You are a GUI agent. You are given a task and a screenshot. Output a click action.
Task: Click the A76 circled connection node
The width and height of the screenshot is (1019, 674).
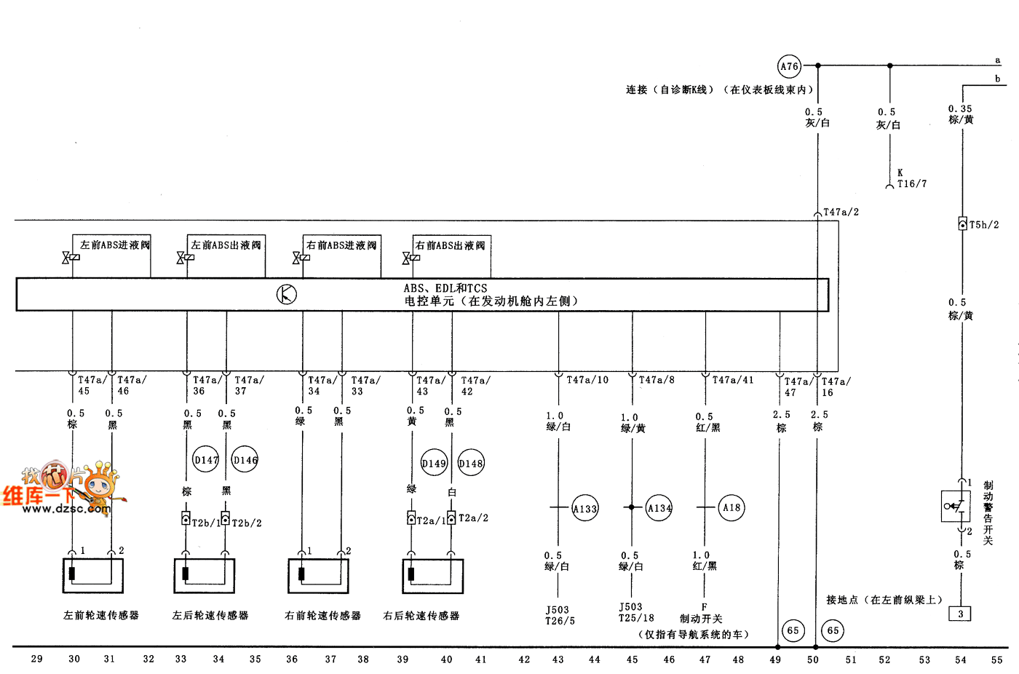(x=789, y=66)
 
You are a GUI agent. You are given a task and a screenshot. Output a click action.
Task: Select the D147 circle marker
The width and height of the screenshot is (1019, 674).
(x=206, y=459)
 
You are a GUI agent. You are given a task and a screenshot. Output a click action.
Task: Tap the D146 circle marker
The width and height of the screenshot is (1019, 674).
(x=245, y=459)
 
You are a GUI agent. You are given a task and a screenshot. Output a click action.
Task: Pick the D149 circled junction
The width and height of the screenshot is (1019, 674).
(x=434, y=463)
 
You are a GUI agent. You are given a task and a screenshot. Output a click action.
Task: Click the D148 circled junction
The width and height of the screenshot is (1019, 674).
(x=471, y=463)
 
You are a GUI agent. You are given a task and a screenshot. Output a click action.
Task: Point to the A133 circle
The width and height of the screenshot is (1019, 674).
(x=584, y=508)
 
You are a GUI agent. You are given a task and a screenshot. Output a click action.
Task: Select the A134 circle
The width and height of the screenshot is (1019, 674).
(x=659, y=508)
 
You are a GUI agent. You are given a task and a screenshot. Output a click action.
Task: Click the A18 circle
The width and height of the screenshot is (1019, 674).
(x=731, y=508)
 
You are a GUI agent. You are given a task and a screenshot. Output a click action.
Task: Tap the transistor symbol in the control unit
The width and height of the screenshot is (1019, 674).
(x=287, y=295)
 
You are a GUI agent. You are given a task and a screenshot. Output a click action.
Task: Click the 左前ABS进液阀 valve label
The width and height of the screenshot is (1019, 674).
(x=115, y=245)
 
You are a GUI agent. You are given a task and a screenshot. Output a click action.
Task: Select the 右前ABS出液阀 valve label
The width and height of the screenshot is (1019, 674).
(x=450, y=245)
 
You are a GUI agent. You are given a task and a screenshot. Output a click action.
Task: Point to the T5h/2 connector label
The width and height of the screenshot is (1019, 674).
(x=984, y=225)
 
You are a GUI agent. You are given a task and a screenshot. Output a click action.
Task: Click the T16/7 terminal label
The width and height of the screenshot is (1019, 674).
(x=912, y=184)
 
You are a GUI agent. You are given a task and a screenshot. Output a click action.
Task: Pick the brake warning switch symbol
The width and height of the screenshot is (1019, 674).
(x=955, y=505)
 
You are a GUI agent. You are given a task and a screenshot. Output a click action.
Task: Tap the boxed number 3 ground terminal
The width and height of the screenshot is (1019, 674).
(x=960, y=614)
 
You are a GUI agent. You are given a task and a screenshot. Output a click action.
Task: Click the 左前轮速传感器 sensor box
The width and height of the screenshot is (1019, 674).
(x=92, y=575)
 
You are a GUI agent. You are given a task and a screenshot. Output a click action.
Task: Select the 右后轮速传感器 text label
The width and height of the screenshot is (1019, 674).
(x=421, y=616)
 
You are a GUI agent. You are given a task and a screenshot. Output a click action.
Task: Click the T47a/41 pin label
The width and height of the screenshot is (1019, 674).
(x=733, y=380)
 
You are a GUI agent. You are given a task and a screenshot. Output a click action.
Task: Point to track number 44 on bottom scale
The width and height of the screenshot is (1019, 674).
(x=595, y=659)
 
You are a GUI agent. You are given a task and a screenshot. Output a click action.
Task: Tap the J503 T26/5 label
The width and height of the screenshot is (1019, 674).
(x=560, y=616)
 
